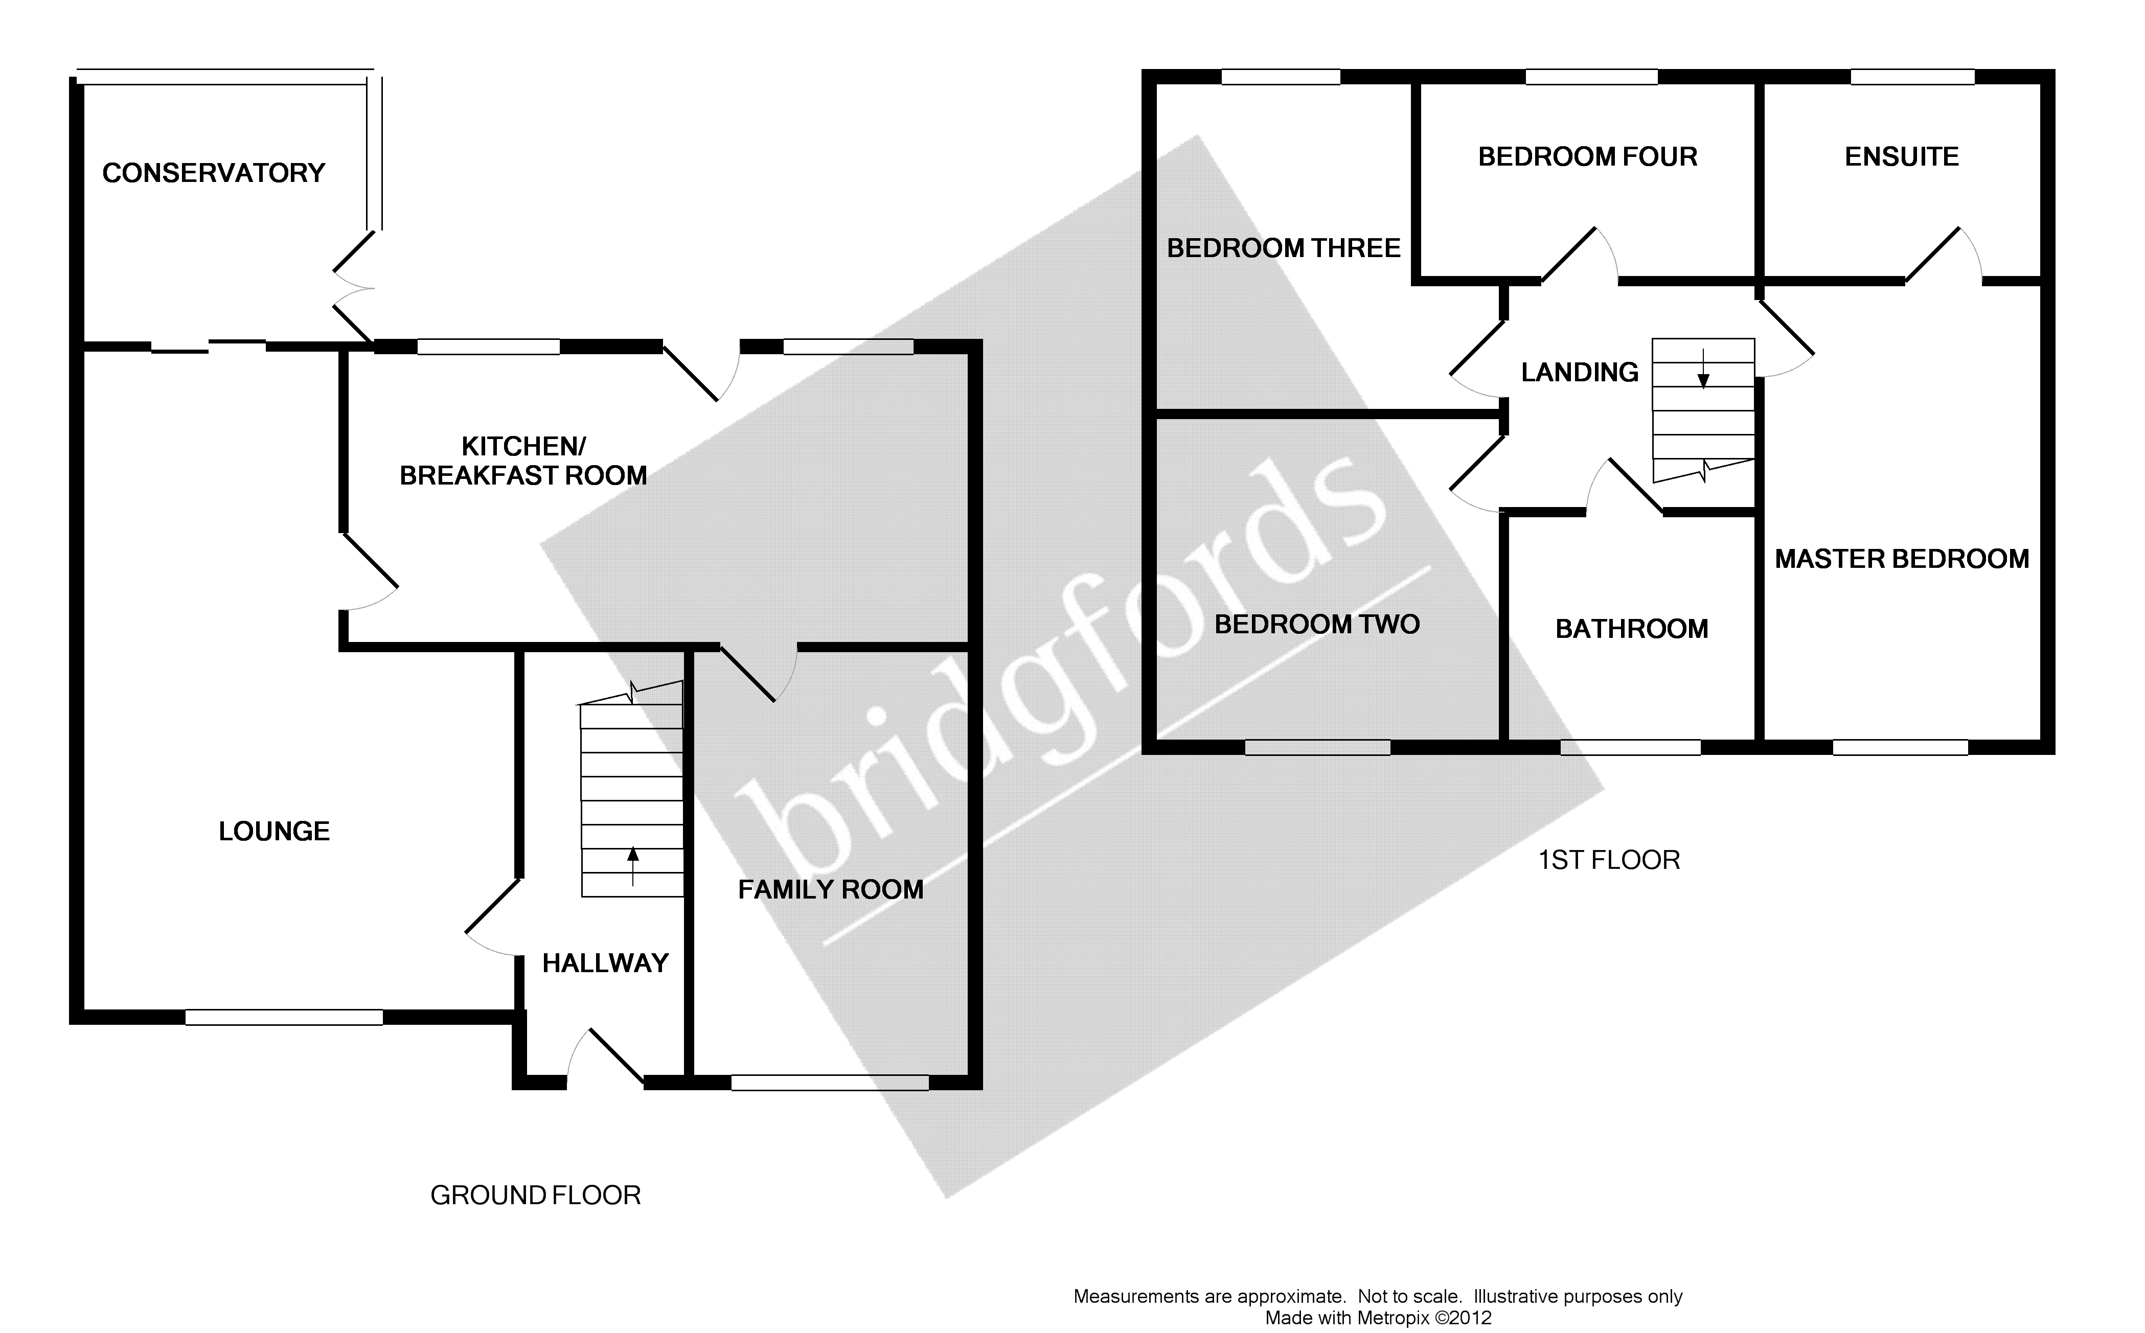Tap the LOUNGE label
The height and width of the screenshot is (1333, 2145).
click(274, 832)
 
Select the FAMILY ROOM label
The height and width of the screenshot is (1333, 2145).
click(831, 889)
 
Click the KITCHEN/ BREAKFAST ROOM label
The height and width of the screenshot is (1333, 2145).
click(523, 461)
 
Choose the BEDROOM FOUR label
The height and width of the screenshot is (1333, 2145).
click(1587, 157)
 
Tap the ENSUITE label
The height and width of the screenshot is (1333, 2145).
click(1902, 157)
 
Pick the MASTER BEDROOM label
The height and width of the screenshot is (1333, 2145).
click(1902, 559)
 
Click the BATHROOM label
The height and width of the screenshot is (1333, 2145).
click(1631, 629)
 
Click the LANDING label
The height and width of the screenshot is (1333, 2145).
click(1579, 372)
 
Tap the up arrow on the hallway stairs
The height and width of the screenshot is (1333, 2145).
click(632, 864)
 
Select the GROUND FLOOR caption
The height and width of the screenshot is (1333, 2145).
click(535, 1196)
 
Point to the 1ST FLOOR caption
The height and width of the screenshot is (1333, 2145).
click(1609, 860)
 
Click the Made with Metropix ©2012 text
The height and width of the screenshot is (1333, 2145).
click(1378, 1318)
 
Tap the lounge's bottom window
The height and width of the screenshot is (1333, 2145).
click(284, 1017)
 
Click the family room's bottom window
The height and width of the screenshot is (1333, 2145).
click(830, 1083)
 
